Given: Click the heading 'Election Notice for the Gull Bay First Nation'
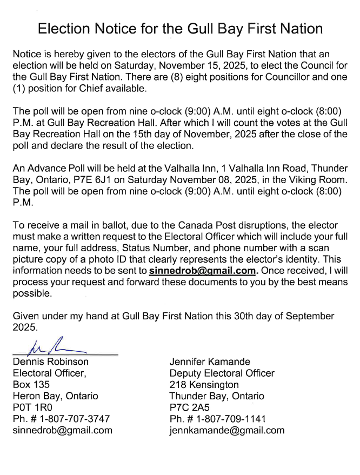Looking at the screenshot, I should pyautogui.click(x=180, y=29).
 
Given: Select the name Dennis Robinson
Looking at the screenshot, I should pyautogui.click(x=51, y=362).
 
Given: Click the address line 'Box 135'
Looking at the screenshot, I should pyautogui.click(x=31, y=385).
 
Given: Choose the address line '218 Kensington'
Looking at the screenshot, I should pyautogui.click(x=204, y=385).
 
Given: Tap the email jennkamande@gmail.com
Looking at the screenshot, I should pyautogui.click(x=226, y=431).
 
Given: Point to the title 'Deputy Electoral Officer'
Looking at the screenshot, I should pyautogui.click(x=222, y=373).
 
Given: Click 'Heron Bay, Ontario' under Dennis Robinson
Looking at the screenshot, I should pyautogui.click(x=55, y=396).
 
